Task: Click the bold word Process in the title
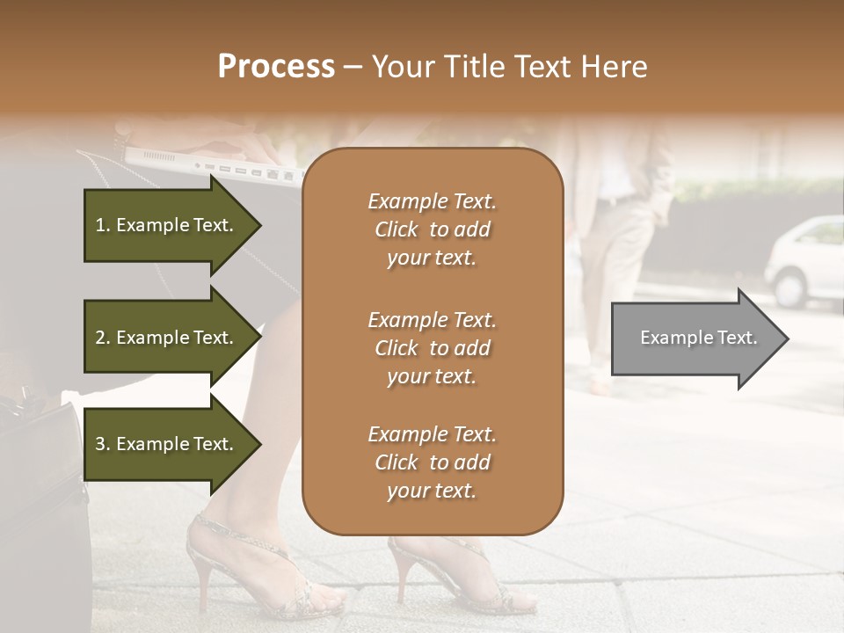pyautogui.click(x=276, y=67)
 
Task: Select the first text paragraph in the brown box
pyautogui.click(x=432, y=229)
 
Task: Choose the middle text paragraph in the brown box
pyautogui.click(x=432, y=347)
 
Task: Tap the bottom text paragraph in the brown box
pyautogui.click(x=432, y=462)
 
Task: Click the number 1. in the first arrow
pyautogui.click(x=103, y=225)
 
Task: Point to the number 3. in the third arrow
pyautogui.click(x=103, y=444)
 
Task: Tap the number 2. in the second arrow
pyautogui.click(x=103, y=338)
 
